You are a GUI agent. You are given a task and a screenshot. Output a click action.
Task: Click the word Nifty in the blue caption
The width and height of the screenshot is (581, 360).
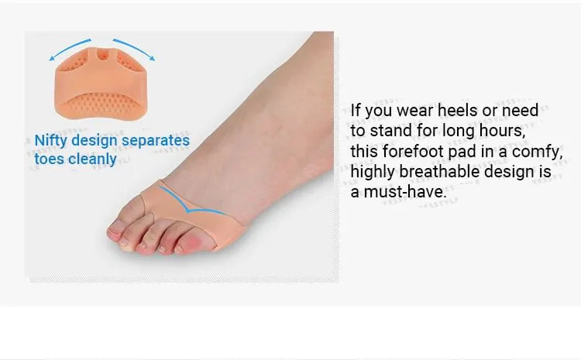coord(51,141)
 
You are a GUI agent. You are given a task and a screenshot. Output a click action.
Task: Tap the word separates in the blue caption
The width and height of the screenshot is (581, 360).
coord(156,140)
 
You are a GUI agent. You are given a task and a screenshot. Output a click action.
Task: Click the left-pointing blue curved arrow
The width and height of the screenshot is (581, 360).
coord(69,48)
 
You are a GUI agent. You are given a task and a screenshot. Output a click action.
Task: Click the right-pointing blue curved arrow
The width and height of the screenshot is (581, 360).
coord(135,48)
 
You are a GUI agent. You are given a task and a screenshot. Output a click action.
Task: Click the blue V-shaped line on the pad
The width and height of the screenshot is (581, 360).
coord(190,207)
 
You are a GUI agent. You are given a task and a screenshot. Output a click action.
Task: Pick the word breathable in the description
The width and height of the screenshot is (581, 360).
coord(439,171)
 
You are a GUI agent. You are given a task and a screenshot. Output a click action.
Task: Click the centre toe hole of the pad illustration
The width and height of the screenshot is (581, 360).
coord(102,56)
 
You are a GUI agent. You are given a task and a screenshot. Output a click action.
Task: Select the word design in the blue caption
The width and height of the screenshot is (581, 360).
coord(95,141)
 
